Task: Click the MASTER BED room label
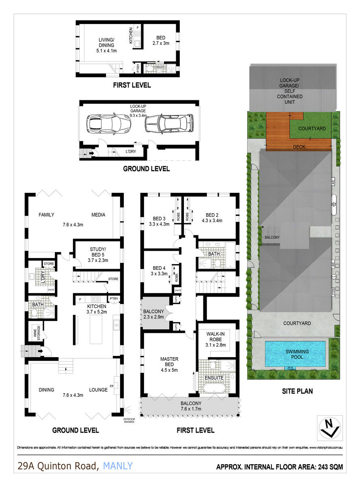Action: point(169,364)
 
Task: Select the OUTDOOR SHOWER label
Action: point(129,420)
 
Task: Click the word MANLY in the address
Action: point(118,466)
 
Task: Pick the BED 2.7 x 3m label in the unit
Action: point(160,40)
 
